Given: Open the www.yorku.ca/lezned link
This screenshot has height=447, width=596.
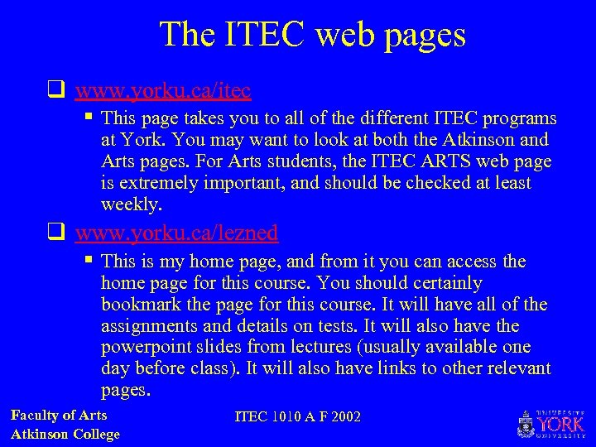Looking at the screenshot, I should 176,233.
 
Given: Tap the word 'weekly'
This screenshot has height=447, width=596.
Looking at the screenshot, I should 130,204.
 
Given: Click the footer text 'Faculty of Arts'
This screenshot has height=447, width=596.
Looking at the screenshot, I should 59,416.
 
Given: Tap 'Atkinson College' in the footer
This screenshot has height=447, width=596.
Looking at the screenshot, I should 65,434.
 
